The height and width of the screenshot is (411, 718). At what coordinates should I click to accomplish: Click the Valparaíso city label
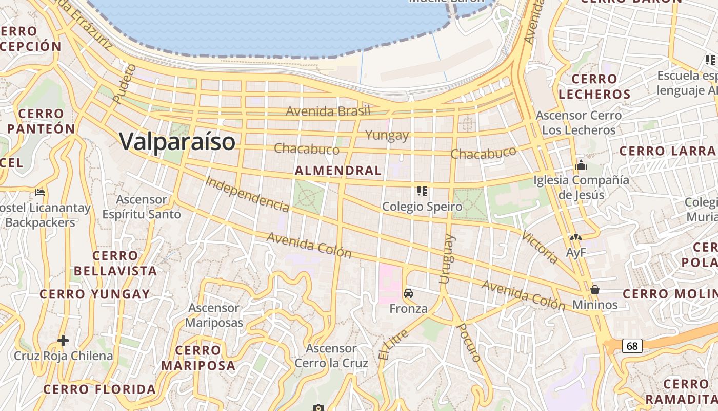[177, 141]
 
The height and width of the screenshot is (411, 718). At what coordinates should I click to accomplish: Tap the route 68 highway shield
[632, 346]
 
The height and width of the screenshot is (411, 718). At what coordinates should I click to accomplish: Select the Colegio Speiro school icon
[422, 191]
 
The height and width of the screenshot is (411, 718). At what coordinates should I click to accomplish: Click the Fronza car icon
[408, 293]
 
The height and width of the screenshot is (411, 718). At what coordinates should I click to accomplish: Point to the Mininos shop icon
[595, 290]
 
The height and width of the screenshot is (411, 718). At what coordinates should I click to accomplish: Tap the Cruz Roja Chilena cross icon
[63, 340]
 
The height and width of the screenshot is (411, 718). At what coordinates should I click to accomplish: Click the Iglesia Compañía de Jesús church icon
[581, 165]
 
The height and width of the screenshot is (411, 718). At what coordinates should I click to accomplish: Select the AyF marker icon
[575, 238]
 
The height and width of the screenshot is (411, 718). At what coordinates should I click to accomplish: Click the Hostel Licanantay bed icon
[40, 193]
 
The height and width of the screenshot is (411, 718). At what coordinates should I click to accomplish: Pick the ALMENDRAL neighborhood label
[338, 171]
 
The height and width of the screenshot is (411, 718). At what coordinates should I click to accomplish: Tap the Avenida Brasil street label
[328, 111]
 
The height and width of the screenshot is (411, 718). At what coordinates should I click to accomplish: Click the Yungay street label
[387, 135]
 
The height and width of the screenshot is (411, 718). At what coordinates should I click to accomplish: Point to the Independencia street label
[247, 194]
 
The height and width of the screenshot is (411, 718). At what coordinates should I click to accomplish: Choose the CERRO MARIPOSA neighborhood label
[198, 358]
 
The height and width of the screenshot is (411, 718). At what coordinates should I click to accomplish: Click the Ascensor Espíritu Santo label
[142, 207]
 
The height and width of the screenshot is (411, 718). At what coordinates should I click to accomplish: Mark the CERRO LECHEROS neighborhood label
[594, 86]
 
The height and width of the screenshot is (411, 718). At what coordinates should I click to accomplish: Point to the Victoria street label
[540, 248]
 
